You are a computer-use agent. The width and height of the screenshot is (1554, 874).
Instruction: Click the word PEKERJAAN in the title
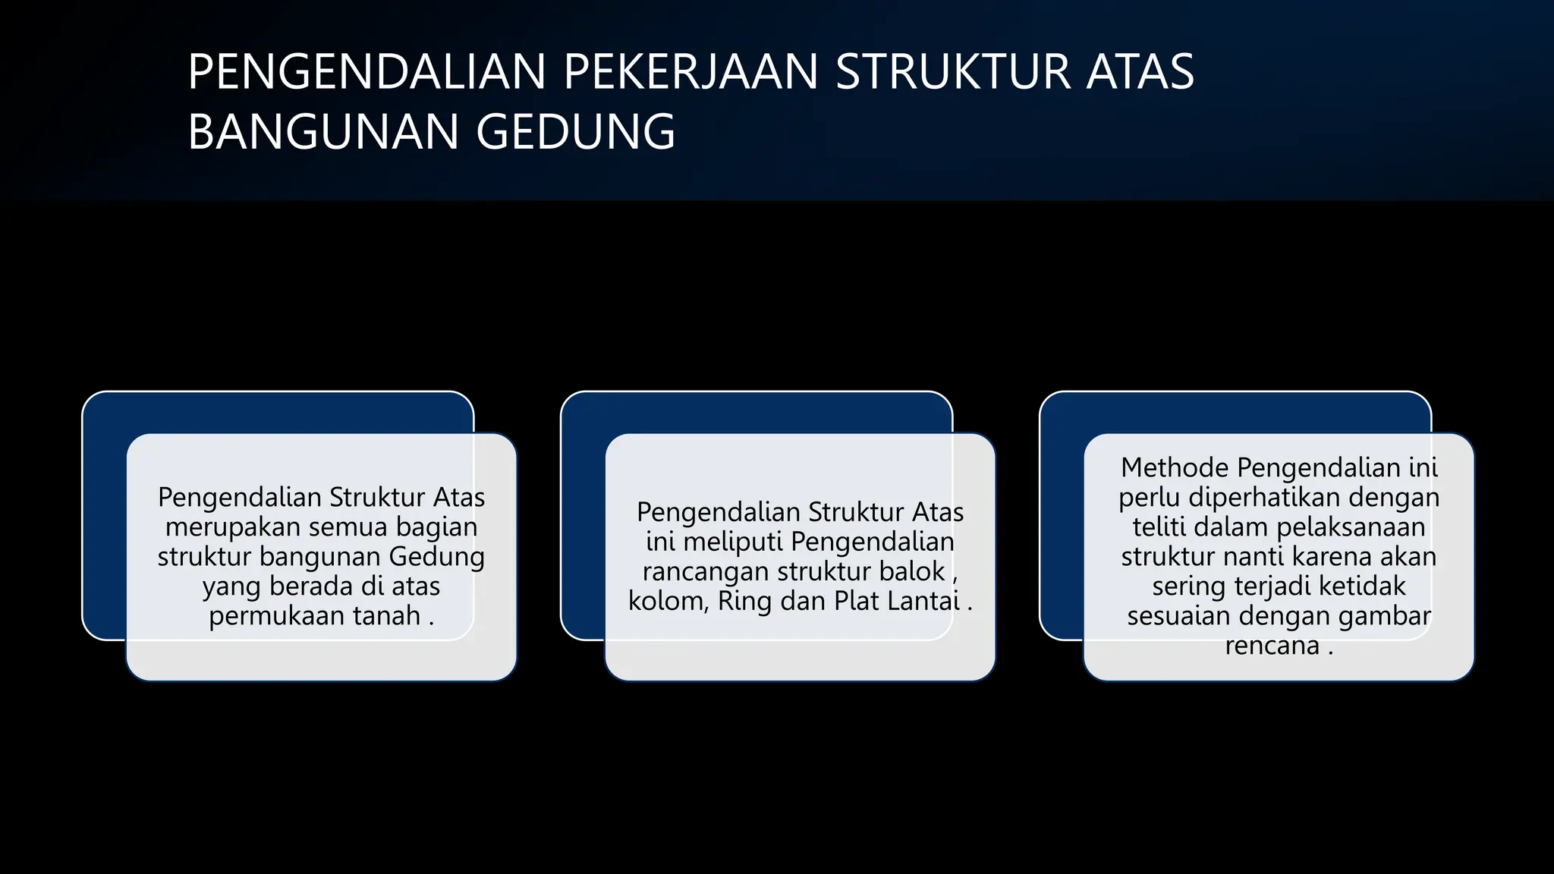pos(690,72)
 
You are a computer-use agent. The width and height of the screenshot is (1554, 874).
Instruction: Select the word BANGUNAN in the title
pos(324,132)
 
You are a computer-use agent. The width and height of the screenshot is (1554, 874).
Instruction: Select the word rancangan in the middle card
pos(706,571)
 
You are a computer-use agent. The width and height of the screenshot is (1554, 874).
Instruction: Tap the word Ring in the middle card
pos(745,601)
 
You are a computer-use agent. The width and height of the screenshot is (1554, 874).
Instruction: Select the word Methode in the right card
pos(1175,467)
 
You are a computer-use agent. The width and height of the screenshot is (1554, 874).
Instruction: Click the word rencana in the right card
pos(1272,645)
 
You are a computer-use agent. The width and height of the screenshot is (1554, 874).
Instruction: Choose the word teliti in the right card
pos(1162,527)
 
